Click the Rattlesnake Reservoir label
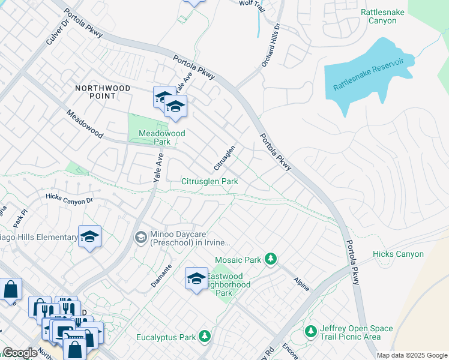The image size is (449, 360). click(x=373, y=74)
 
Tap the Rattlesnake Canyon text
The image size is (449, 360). click(x=387, y=16)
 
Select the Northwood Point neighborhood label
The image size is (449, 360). click(x=103, y=92)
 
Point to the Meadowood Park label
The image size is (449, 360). click(x=162, y=137)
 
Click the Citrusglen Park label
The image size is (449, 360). click(x=209, y=181)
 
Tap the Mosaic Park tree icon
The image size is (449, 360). click(x=271, y=259)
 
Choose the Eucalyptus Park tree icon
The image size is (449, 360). click(x=205, y=336)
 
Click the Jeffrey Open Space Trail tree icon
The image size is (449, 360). click(x=310, y=331)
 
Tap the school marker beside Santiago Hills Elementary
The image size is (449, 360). click(x=89, y=237)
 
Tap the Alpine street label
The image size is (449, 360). click(x=301, y=284)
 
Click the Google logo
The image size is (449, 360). click(x=20, y=353)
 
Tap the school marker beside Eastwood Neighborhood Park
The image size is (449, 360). click(x=196, y=279)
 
